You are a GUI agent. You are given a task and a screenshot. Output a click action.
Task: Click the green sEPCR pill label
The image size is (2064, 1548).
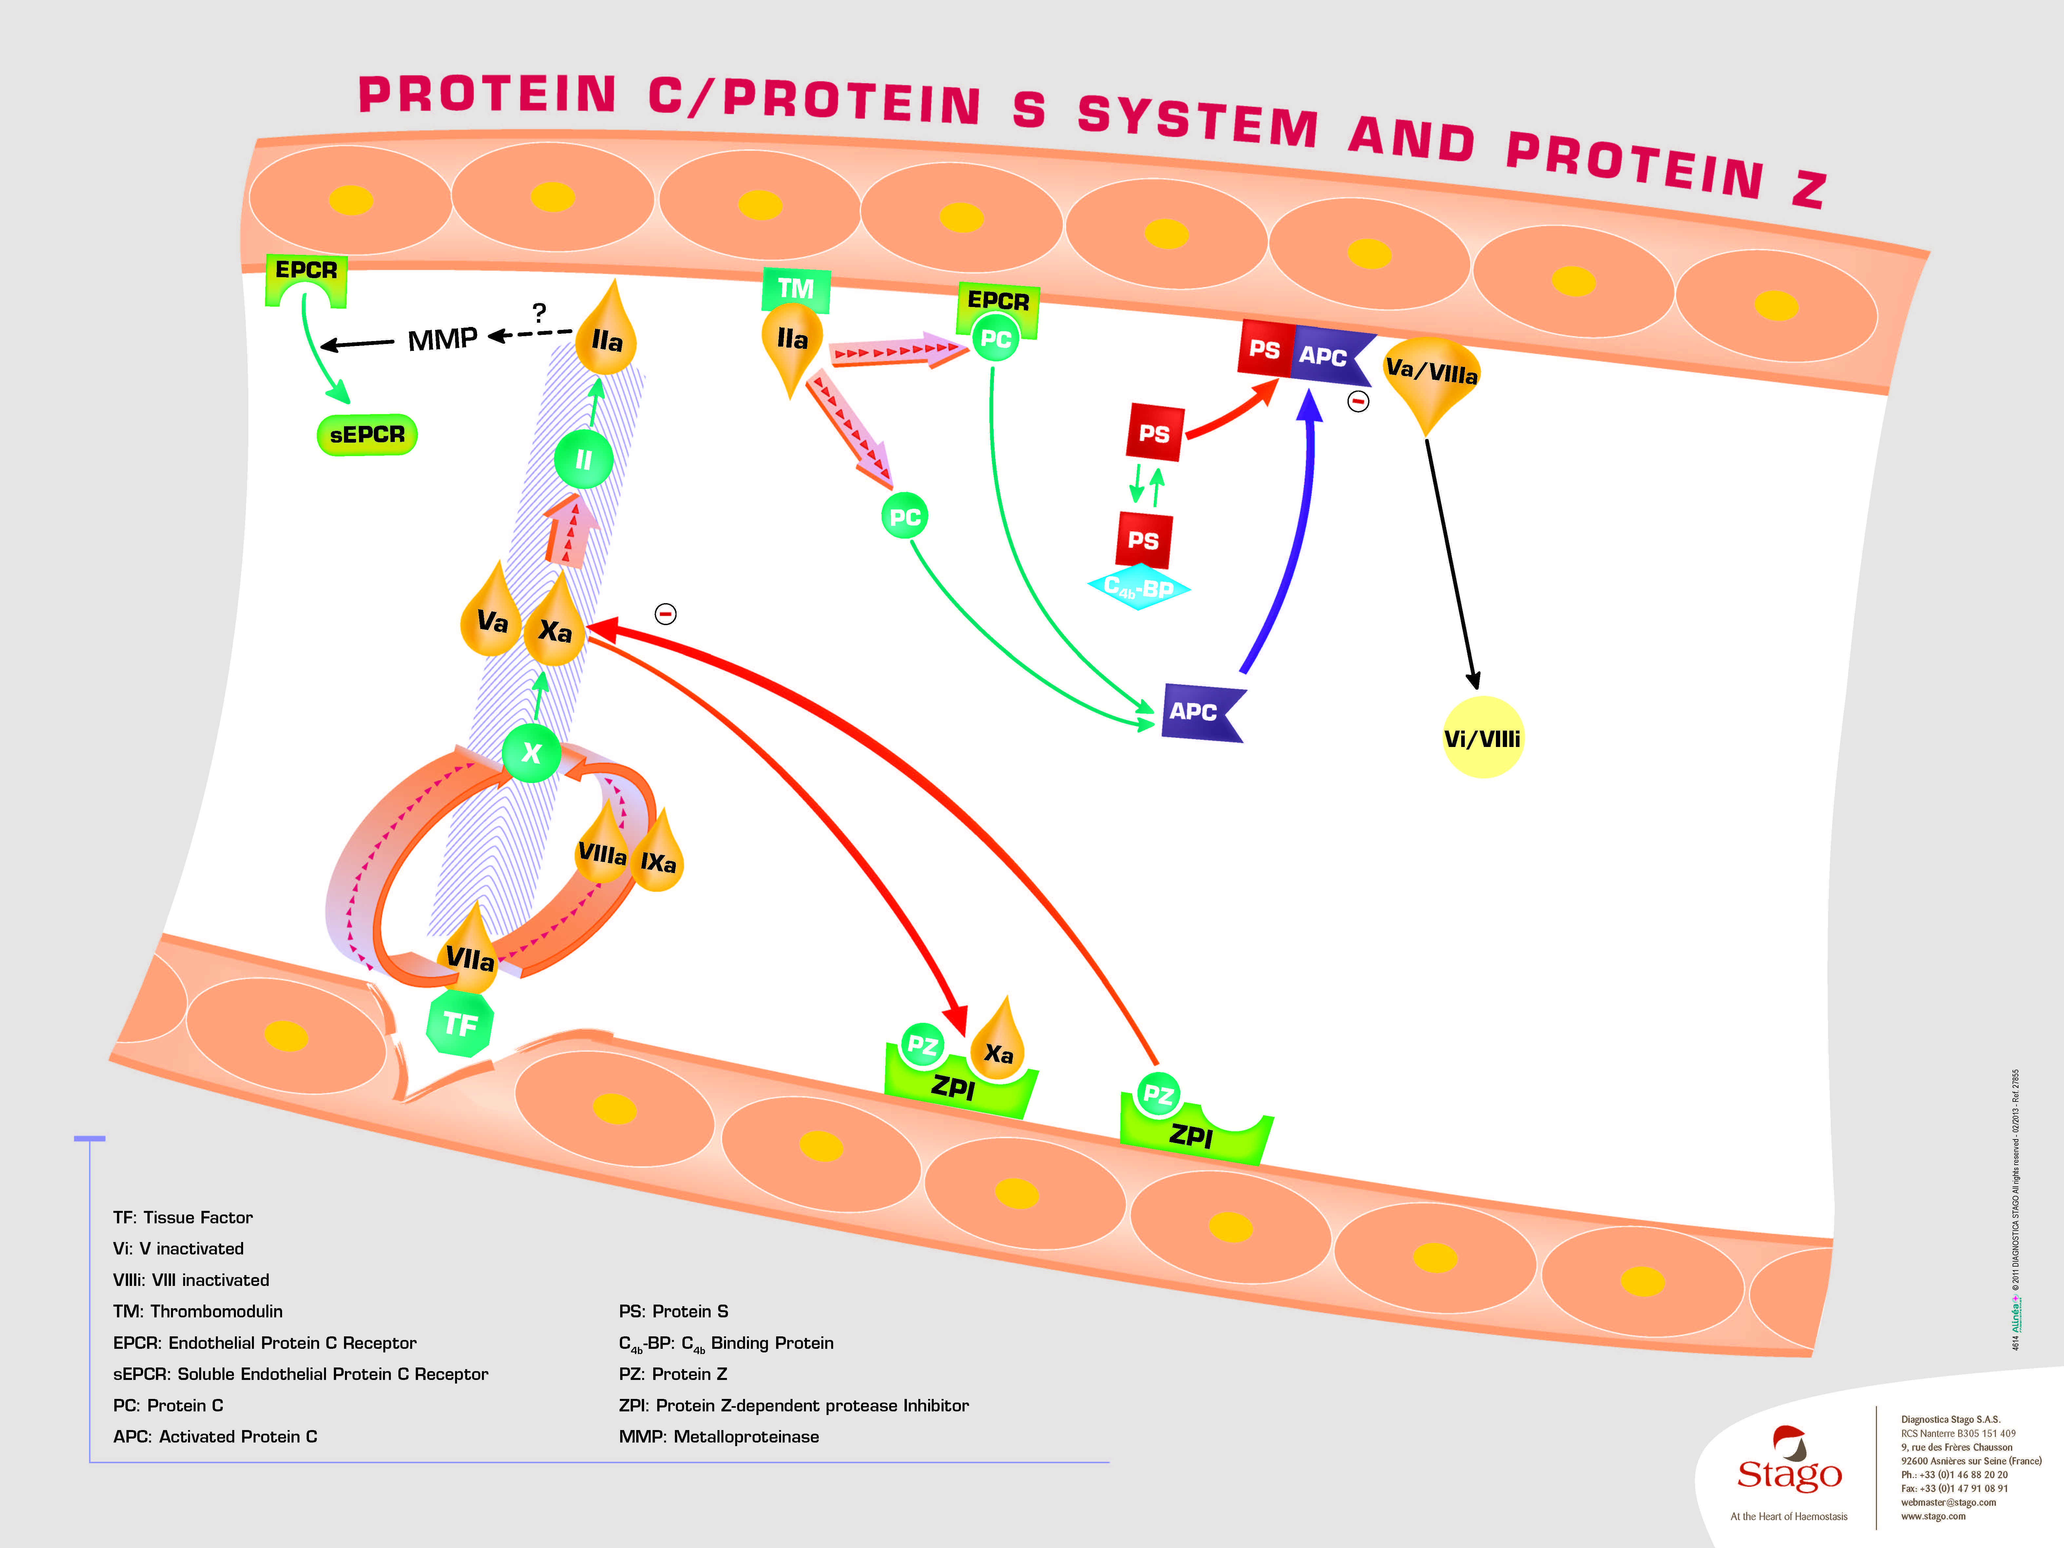367,435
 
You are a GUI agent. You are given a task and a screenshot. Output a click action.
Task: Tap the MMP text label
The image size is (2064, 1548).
442,339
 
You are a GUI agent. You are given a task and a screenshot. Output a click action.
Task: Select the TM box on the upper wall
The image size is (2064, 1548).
796,288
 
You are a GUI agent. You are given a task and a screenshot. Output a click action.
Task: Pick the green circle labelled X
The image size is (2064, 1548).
531,752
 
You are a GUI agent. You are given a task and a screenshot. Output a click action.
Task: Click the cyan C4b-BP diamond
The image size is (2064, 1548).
1138,588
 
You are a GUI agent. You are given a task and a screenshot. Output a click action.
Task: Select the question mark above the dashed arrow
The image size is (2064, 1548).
539,312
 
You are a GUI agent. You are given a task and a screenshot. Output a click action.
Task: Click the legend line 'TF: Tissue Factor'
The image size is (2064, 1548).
183,1217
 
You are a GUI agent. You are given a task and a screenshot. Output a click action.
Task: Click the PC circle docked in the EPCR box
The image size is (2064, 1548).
996,339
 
